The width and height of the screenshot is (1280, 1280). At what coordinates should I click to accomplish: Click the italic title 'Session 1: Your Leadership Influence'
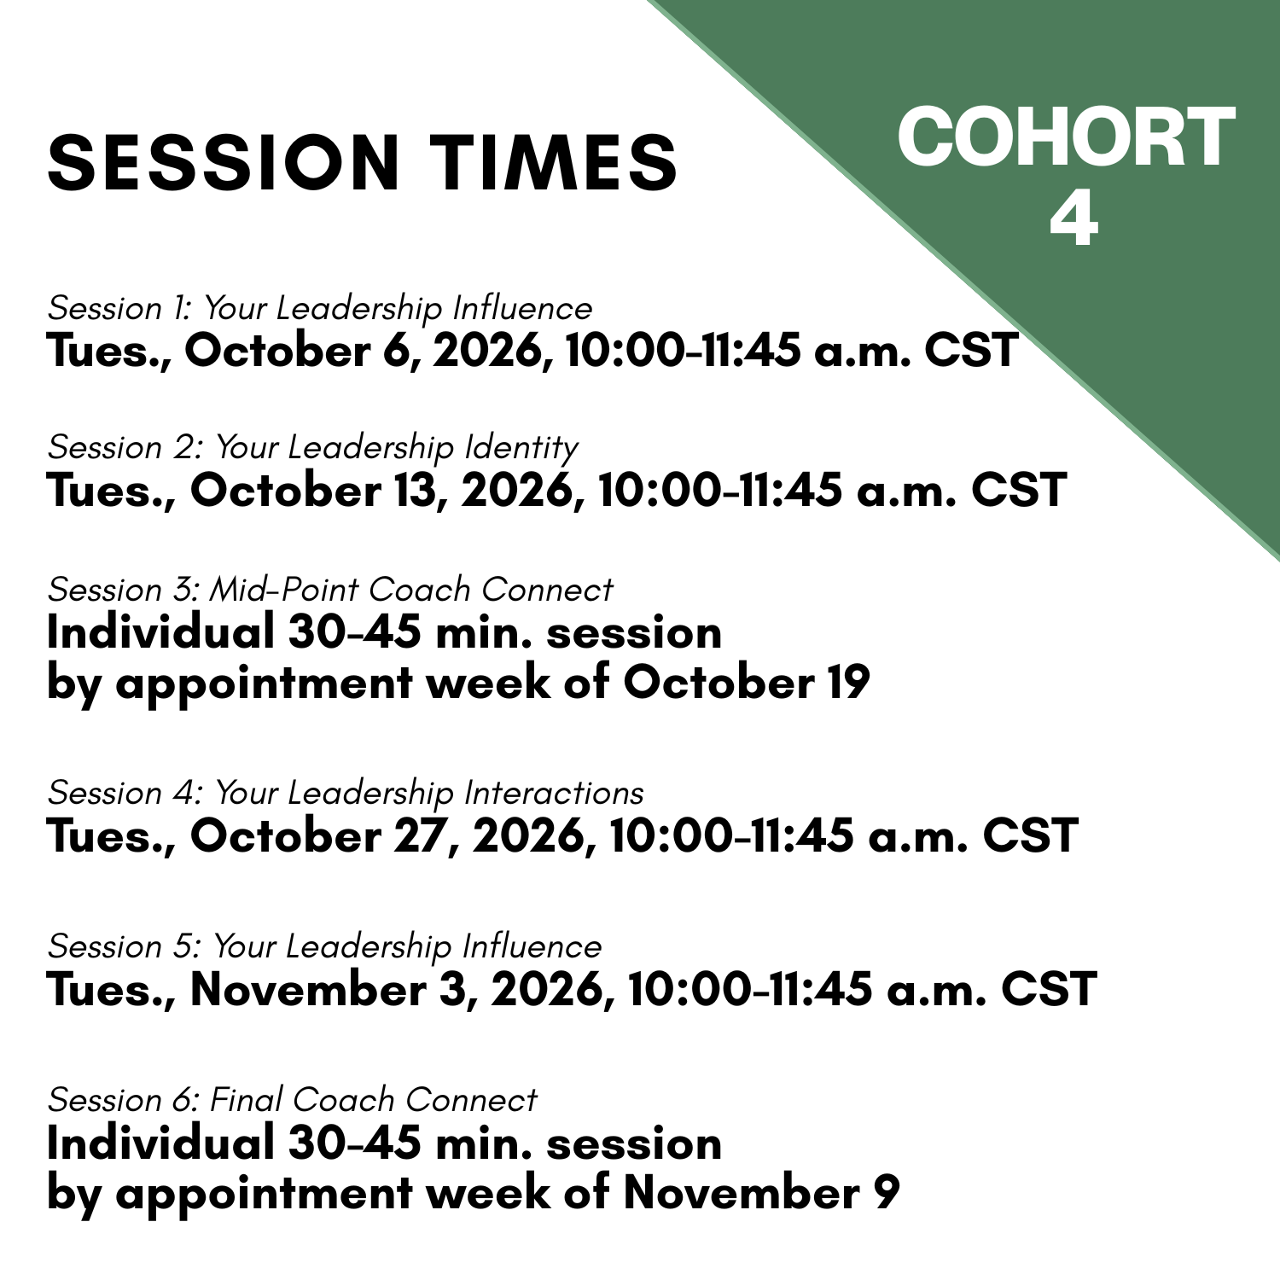320,309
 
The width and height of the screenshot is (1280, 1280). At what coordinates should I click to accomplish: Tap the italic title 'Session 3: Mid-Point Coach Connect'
330,590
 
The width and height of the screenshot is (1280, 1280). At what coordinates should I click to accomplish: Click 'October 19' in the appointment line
746,683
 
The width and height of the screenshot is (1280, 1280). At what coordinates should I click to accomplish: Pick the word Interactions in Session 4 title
554,793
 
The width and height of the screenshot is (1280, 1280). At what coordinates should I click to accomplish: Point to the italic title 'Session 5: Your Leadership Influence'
324,947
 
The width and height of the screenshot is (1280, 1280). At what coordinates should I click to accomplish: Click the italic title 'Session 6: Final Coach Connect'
293,1100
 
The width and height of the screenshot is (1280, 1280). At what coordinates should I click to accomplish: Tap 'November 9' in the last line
761,1193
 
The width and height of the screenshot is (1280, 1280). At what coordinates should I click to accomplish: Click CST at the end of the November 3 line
1049,990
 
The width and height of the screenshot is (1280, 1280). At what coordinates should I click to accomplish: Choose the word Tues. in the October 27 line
111,836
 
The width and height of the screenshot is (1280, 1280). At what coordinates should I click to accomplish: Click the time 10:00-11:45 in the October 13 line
720,491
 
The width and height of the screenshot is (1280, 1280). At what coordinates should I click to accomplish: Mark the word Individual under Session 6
160,1143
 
